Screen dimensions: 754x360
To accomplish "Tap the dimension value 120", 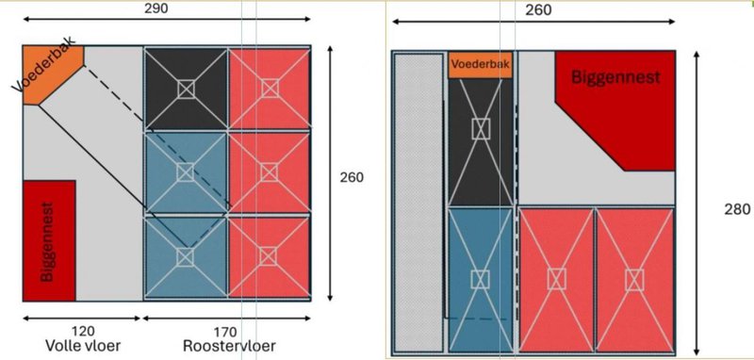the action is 83,331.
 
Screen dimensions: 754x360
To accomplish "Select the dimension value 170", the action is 225,332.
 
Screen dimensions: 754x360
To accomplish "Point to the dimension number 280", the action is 737,209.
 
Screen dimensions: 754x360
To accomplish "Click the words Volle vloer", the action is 83,346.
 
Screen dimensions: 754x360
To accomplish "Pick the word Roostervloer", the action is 229,346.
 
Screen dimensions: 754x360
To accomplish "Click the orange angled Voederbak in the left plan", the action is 53,74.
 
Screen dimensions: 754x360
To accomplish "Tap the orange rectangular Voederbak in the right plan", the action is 481,65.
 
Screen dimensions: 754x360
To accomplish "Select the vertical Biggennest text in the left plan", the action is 46,241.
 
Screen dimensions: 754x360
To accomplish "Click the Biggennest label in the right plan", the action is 615,77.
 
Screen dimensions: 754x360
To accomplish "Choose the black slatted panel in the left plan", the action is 186,89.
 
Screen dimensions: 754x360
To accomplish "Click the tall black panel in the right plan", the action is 481,142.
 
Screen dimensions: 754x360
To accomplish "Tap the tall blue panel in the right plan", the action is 481,279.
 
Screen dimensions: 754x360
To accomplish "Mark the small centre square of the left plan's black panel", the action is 186,89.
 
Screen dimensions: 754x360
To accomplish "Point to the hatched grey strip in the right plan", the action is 418,203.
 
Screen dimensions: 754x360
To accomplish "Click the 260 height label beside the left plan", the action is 352,177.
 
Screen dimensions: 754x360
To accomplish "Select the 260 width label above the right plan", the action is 538,10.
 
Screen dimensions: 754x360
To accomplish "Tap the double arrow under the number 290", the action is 167,19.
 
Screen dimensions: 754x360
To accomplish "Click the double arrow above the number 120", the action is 82,319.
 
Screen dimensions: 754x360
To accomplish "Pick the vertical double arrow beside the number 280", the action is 697,203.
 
